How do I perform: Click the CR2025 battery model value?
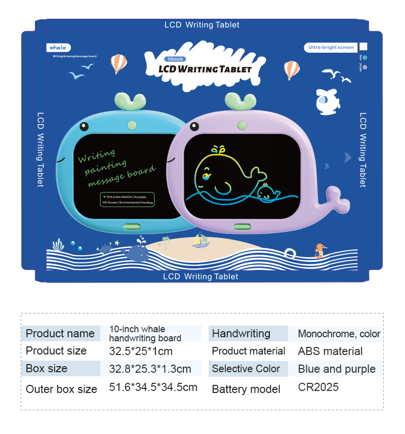coord(318,387)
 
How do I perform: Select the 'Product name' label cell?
coord(60,333)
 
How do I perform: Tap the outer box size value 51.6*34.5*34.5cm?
coord(153,387)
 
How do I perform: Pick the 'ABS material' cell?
coord(330,351)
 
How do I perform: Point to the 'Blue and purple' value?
coord(337,369)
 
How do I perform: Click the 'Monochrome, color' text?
coord(339,334)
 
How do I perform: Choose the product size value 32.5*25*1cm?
coord(141,351)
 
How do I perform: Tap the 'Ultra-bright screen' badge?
coord(331,47)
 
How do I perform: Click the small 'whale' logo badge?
coord(57,48)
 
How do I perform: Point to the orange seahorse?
coord(320,250)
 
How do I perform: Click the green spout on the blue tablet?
coord(128,102)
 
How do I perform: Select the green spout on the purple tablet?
coord(240,101)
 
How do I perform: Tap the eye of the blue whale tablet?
coord(84,125)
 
